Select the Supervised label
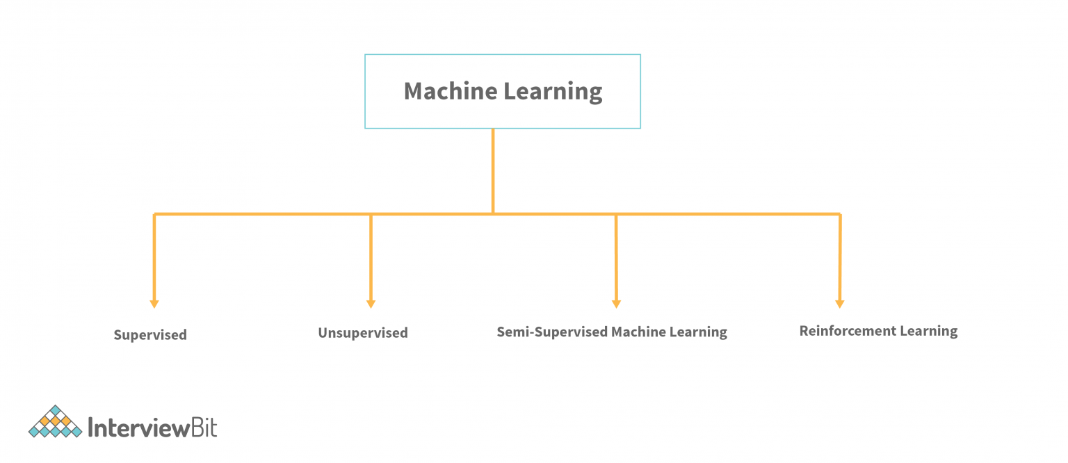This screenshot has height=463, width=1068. (150, 335)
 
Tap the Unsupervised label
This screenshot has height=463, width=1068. (363, 333)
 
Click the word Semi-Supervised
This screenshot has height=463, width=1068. (552, 332)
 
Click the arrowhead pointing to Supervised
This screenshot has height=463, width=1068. (154, 304)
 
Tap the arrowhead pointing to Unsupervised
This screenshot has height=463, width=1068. (371, 304)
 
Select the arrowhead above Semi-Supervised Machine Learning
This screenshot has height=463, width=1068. (616, 304)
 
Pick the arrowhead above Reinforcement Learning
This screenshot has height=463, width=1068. (840, 304)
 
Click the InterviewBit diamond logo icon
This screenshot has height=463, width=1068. (55, 422)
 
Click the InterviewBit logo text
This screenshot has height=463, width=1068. (152, 426)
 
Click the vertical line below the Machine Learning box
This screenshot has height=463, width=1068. (493, 170)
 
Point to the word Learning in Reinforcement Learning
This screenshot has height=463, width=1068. (929, 331)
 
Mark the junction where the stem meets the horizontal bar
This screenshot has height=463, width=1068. (493, 213)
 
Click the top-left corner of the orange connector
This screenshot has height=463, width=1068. (154, 214)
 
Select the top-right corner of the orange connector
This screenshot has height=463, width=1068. (840, 214)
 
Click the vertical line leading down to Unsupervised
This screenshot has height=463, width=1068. (371, 257)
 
